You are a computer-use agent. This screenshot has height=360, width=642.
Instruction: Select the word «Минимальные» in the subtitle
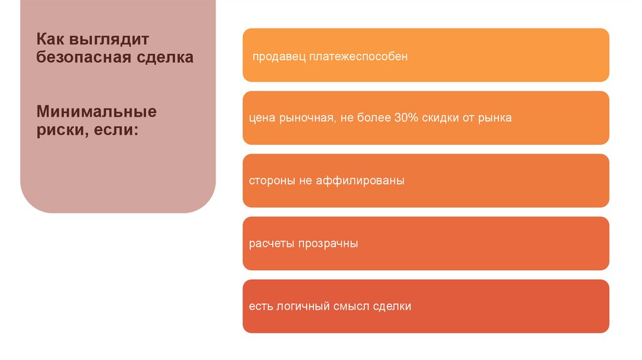coord(96,113)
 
